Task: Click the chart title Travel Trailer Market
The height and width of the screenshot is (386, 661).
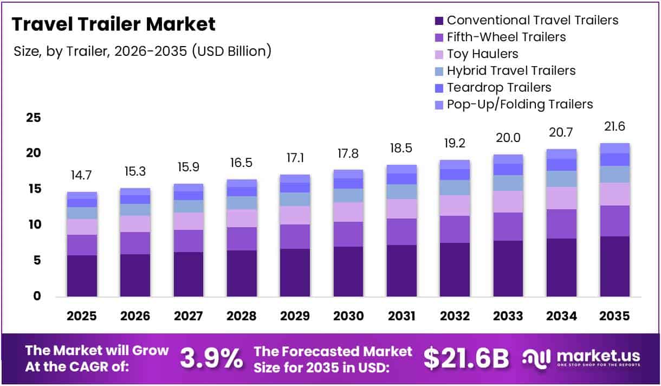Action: [x=114, y=24]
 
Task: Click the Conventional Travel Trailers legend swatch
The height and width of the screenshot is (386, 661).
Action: [x=438, y=21]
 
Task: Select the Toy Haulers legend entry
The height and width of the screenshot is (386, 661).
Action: [x=482, y=54]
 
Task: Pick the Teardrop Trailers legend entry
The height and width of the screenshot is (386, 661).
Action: [x=498, y=87]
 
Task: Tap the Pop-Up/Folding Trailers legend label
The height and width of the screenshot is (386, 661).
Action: [x=520, y=104]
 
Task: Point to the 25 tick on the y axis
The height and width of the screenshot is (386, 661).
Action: [x=34, y=118]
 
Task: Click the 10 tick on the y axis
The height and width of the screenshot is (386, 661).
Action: [x=34, y=224]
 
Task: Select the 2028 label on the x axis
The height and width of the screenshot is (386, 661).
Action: [x=242, y=316]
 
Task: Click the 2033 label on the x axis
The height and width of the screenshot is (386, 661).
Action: [x=508, y=316]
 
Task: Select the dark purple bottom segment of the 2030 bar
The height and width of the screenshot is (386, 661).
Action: [x=348, y=271]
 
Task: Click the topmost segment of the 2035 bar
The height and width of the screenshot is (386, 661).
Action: [x=615, y=148]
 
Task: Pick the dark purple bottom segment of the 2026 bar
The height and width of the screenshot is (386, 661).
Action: [x=135, y=275]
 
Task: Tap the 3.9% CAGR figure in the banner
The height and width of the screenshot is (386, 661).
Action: [x=211, y=358]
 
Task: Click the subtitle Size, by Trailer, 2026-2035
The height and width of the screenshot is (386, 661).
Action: [x=142, y=52]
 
